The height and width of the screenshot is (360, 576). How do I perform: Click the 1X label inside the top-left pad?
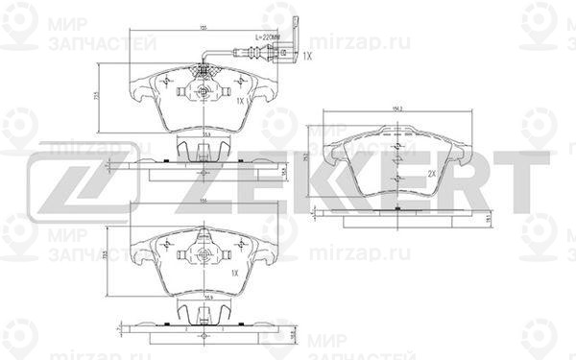pos(242,100)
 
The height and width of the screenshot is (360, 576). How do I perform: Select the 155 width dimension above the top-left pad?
pos(204,28)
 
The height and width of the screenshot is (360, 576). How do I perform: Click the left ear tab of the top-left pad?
pos(135,97)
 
